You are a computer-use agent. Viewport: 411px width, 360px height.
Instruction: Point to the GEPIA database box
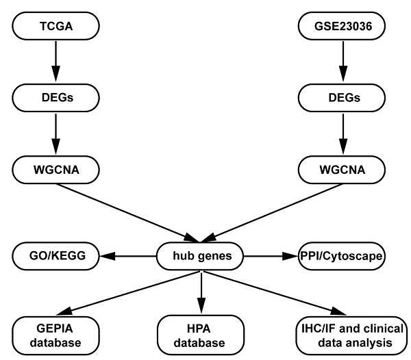tap(55, 335)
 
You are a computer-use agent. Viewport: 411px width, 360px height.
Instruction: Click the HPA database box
tap(199, 335)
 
